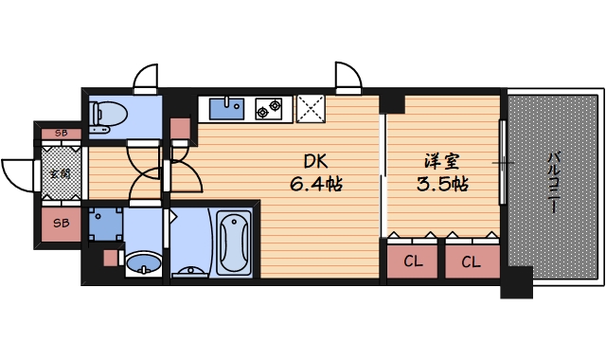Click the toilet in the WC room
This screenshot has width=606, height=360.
[109, 115]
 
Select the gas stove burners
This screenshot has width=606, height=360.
[268, 109]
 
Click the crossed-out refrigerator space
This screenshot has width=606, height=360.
[310, 109]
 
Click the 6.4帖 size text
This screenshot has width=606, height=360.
[315, 183]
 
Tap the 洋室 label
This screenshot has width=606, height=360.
[443, 160]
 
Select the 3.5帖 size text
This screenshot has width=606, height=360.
[443, 183]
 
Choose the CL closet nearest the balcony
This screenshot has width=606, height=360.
[471, 261]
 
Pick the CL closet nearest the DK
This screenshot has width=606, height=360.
[412, 261]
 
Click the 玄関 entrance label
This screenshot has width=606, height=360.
[60, 173]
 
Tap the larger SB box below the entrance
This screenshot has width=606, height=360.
[61, 224]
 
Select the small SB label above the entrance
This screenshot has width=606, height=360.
[60, 133]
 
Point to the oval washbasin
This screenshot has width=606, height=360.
[143, 262]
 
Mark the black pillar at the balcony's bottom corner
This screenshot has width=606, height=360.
[516, 281]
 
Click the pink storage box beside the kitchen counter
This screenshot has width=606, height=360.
[181, 130]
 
